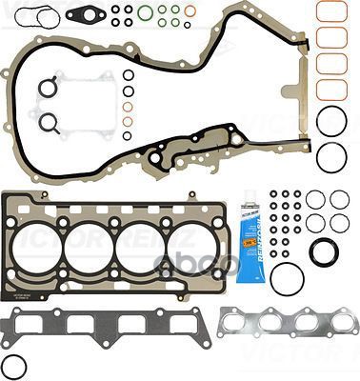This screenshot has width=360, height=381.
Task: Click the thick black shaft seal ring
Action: click(324, 253)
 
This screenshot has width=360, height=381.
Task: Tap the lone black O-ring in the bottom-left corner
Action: click(15, 366)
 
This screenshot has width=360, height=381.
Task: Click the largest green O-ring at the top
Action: click(145, 13)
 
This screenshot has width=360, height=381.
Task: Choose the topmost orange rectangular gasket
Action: click(330, 11)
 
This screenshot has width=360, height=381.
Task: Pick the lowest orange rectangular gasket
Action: click(330, 89)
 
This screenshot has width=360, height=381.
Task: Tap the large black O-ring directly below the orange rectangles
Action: click(331, 121)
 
